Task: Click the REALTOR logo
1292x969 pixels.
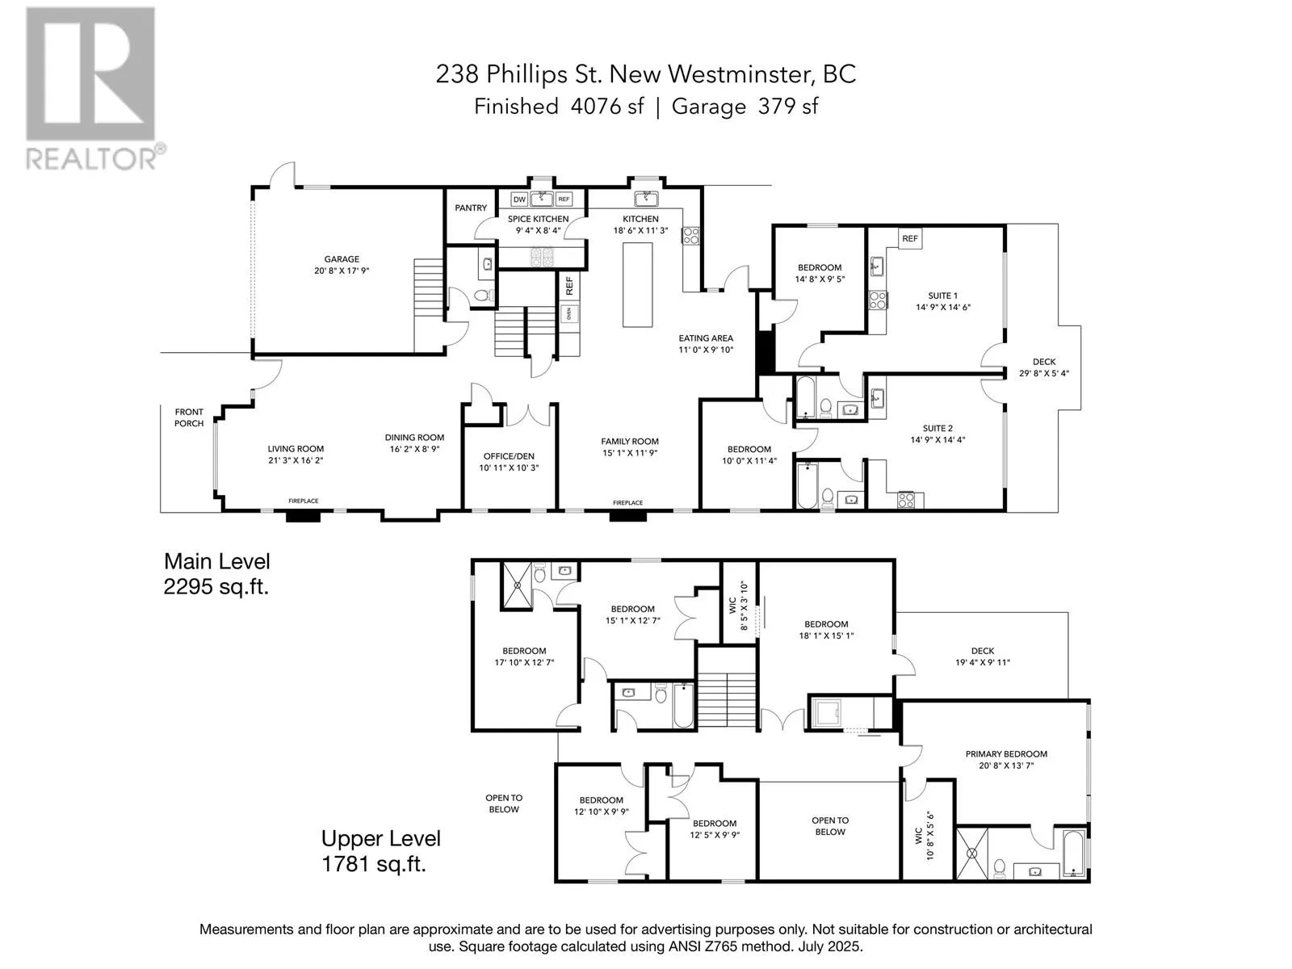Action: [x=94, y=88]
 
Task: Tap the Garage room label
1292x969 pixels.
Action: [x=342, y=259]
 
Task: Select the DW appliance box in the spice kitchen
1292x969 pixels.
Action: [x=519, y=199]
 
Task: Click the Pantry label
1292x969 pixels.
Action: [x=471, y=208]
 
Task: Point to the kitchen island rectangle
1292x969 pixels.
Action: [x=637, y=285]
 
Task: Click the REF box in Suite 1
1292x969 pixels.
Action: [x=910, y=238]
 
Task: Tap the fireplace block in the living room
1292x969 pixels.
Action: [x=303, y=516]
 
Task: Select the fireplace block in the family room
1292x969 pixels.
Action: [x=627, y=516]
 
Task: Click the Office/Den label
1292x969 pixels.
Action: [x=509, y=456]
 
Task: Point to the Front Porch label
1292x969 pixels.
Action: [x=189, y=417]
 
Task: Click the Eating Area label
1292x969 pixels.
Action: [x=706, y=338]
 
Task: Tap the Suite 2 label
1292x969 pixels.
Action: [x=938, y=428]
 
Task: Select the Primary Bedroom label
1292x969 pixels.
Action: [x=1006, y=753]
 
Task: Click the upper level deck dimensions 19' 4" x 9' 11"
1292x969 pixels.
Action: [x=983, y=662]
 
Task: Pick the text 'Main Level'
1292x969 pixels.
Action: [x=216, y=561]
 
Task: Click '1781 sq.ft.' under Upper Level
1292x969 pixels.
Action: [x=373, y=864]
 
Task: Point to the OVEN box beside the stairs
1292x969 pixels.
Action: [x=568, y=313]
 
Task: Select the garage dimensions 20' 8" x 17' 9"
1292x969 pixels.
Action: [x=342, y=271]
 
